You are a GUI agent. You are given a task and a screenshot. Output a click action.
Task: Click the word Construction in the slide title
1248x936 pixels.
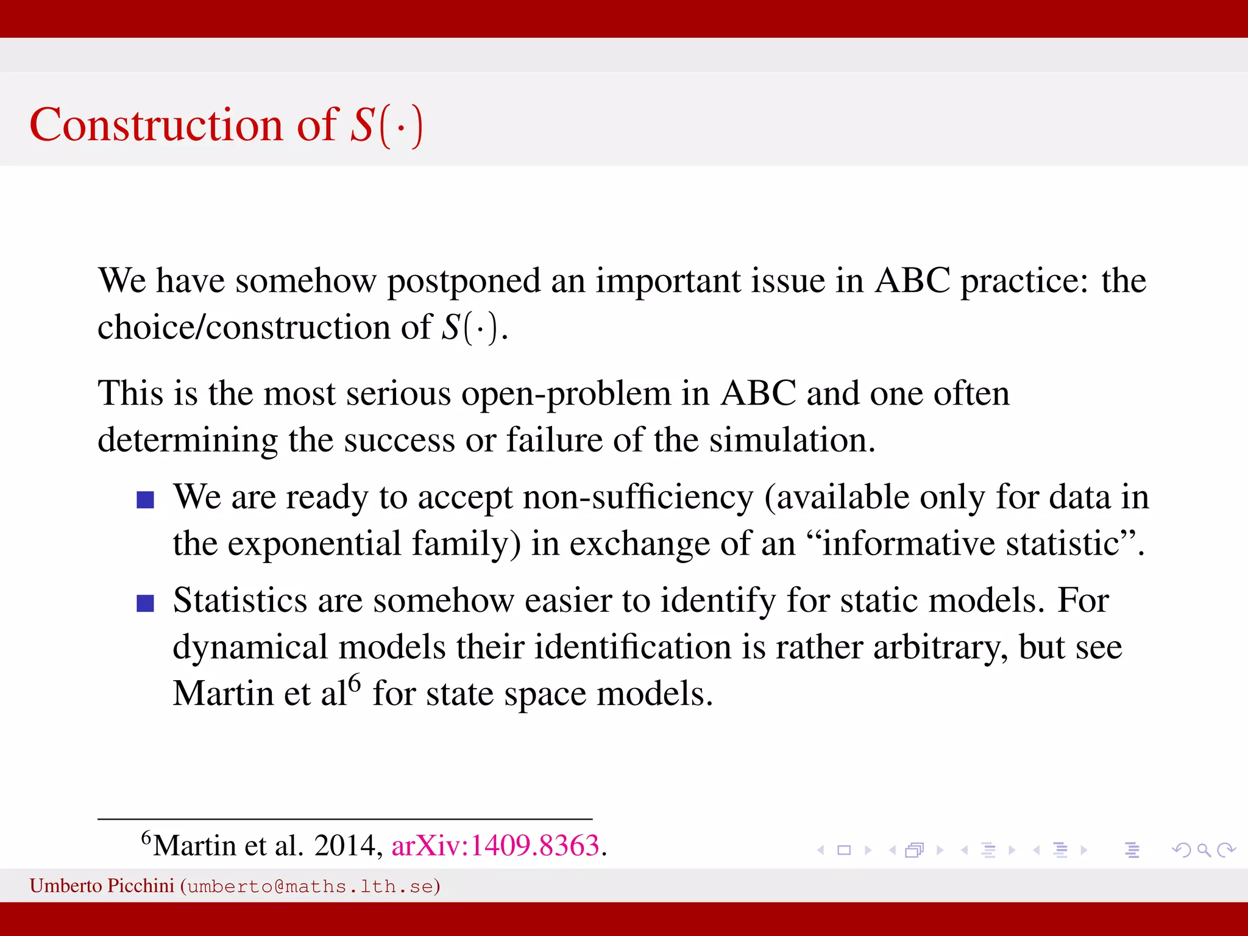pos(156,125)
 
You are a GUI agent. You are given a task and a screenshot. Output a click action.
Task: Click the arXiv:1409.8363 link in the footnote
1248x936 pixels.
pos(495,845)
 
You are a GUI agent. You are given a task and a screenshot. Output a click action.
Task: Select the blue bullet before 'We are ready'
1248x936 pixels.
pos(145,500)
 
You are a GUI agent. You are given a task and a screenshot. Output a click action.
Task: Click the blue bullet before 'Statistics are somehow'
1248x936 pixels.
pos(145,603)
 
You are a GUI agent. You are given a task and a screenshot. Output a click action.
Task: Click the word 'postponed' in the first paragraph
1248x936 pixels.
pos(463,281)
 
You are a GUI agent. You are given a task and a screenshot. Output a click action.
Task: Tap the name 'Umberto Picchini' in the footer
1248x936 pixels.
pos(102,885)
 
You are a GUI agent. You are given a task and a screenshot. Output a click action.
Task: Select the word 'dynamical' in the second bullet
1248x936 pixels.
pos(250,647)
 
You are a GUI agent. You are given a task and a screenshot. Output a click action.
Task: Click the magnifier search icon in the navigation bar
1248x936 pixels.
pos(1204,850)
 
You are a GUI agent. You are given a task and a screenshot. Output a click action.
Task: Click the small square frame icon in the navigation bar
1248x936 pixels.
pos(844,850)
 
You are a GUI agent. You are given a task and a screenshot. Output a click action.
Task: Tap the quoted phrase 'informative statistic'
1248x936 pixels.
pos(971,544)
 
